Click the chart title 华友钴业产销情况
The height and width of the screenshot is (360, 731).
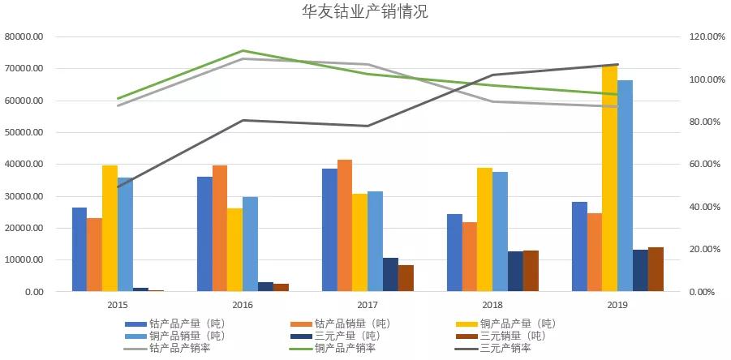pyautogui.click(x=364, y=12)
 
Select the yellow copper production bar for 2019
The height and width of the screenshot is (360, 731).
pyautogui.click(x=609, y=178)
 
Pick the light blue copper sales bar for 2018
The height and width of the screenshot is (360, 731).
pyautogui.click(x=501, y=232)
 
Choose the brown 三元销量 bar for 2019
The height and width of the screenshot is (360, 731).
pyautogui.click(x=656, y=269)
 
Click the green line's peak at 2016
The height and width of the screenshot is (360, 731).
pyautogui.click(x=243, y=51)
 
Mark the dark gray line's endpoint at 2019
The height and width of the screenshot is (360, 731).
pyautogui.click(x=617, y=65)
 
